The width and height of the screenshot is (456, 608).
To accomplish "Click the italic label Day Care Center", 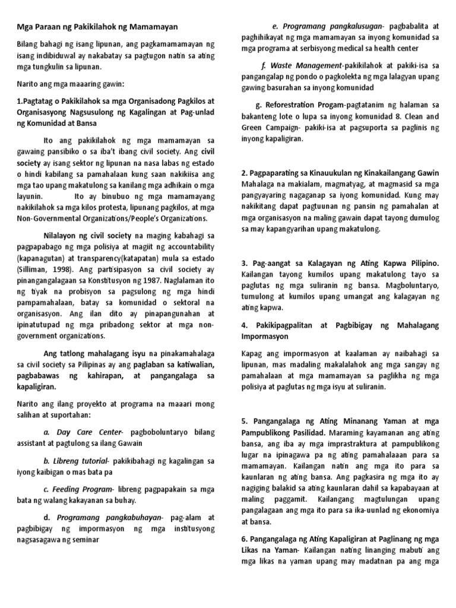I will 83,432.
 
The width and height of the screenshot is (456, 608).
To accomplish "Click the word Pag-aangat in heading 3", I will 271,263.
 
